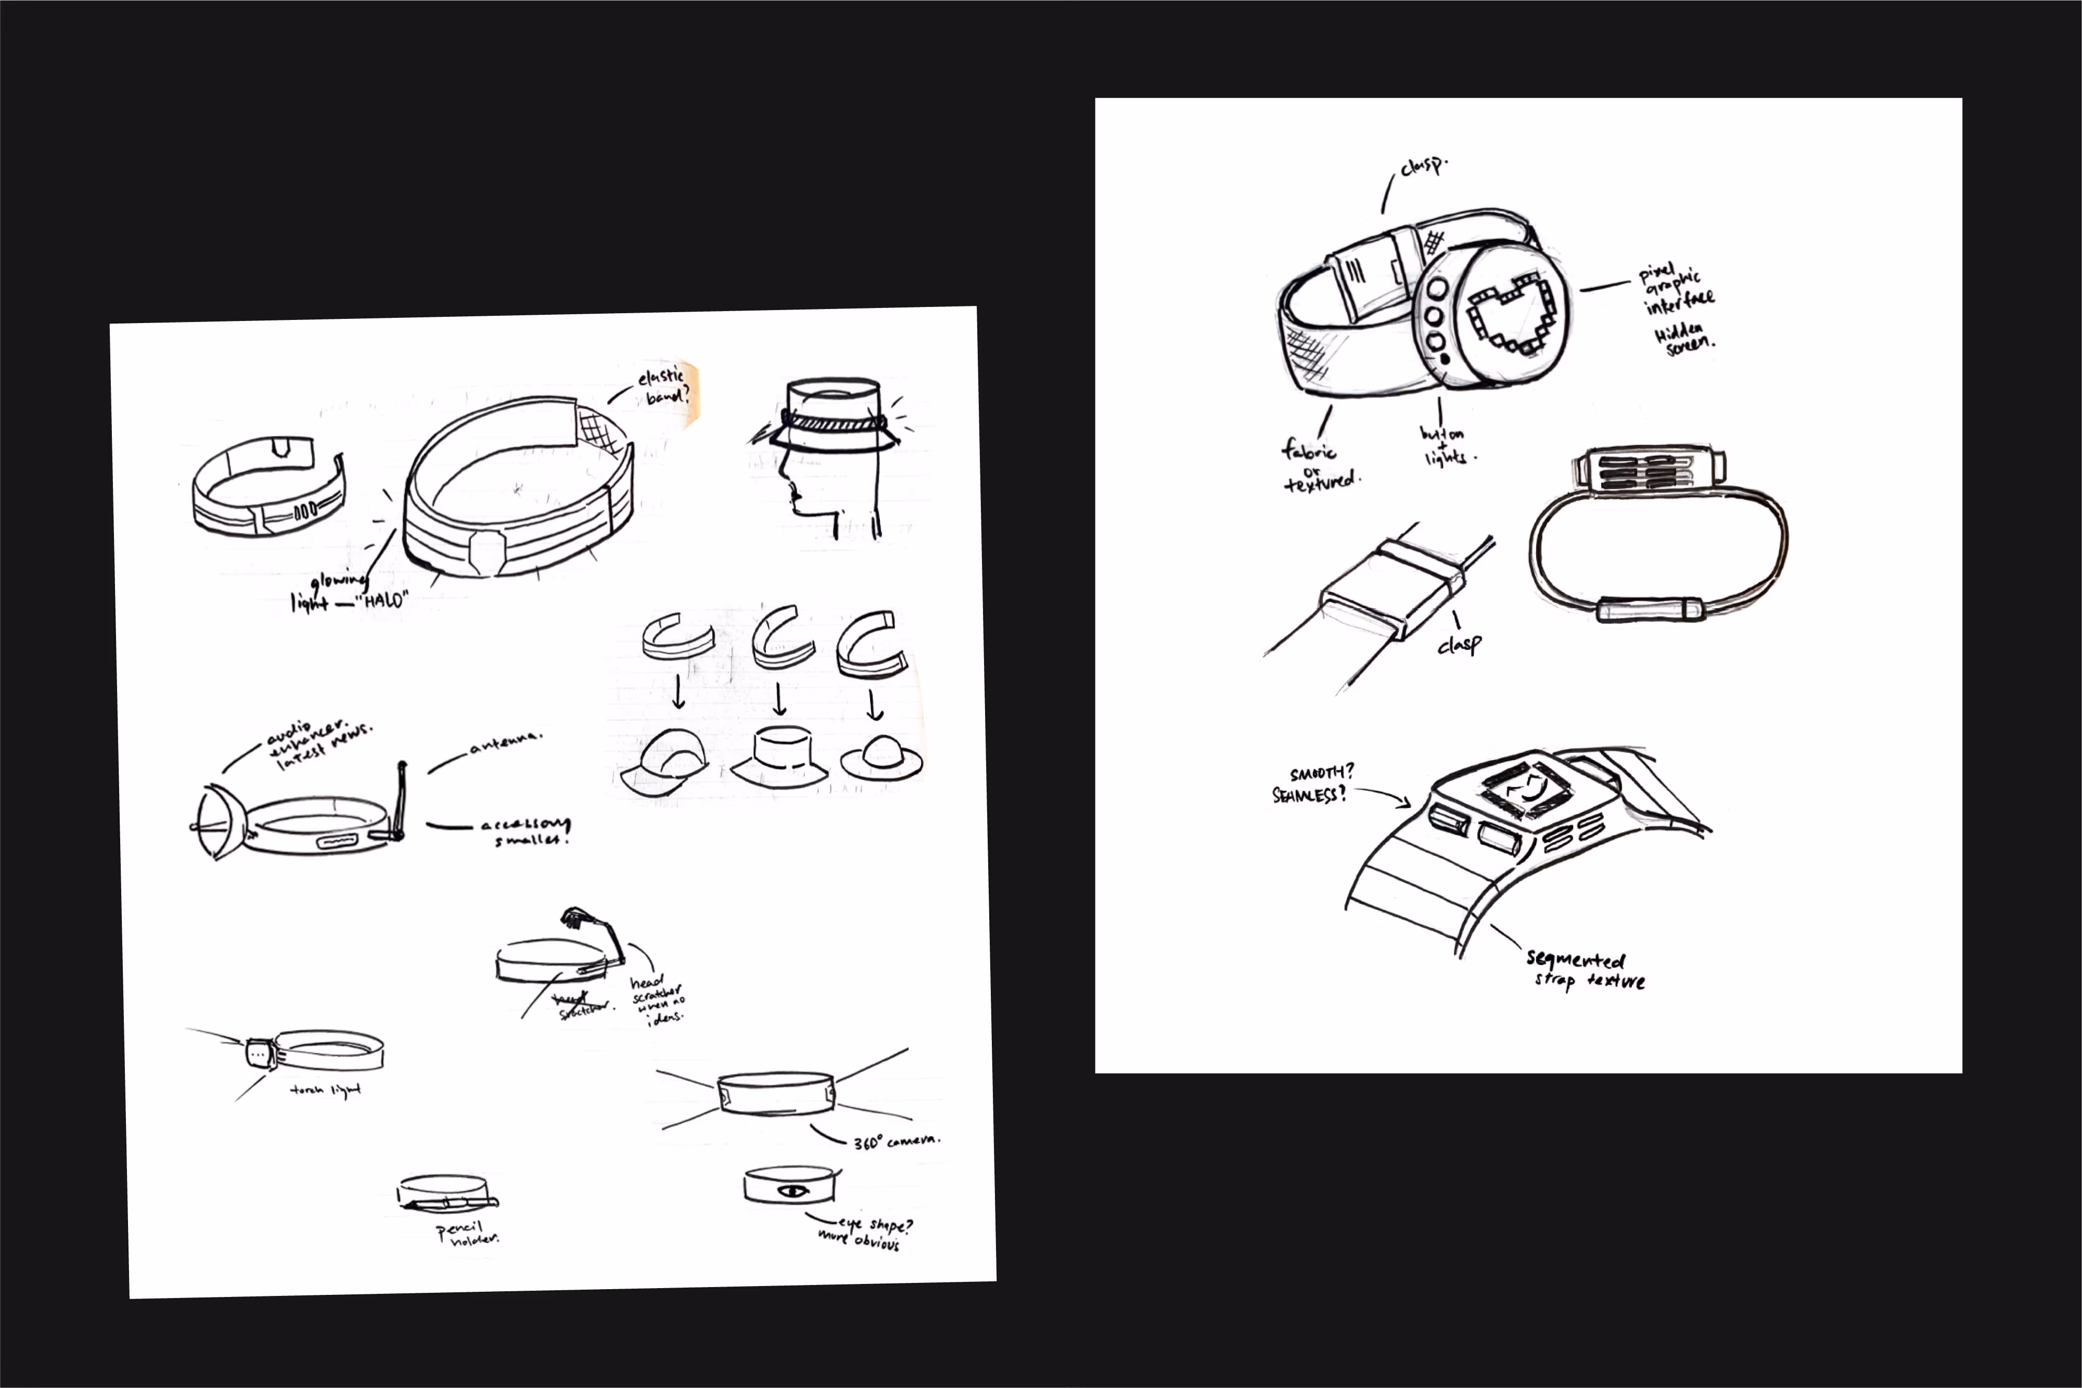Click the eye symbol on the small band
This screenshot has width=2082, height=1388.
click(x=791, y=1191)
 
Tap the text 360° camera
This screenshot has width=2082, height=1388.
click(x=896, y=1141)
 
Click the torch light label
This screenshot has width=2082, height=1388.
click(x=325, y=1090)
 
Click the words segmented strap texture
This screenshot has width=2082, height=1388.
click(x=1585, y=969)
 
